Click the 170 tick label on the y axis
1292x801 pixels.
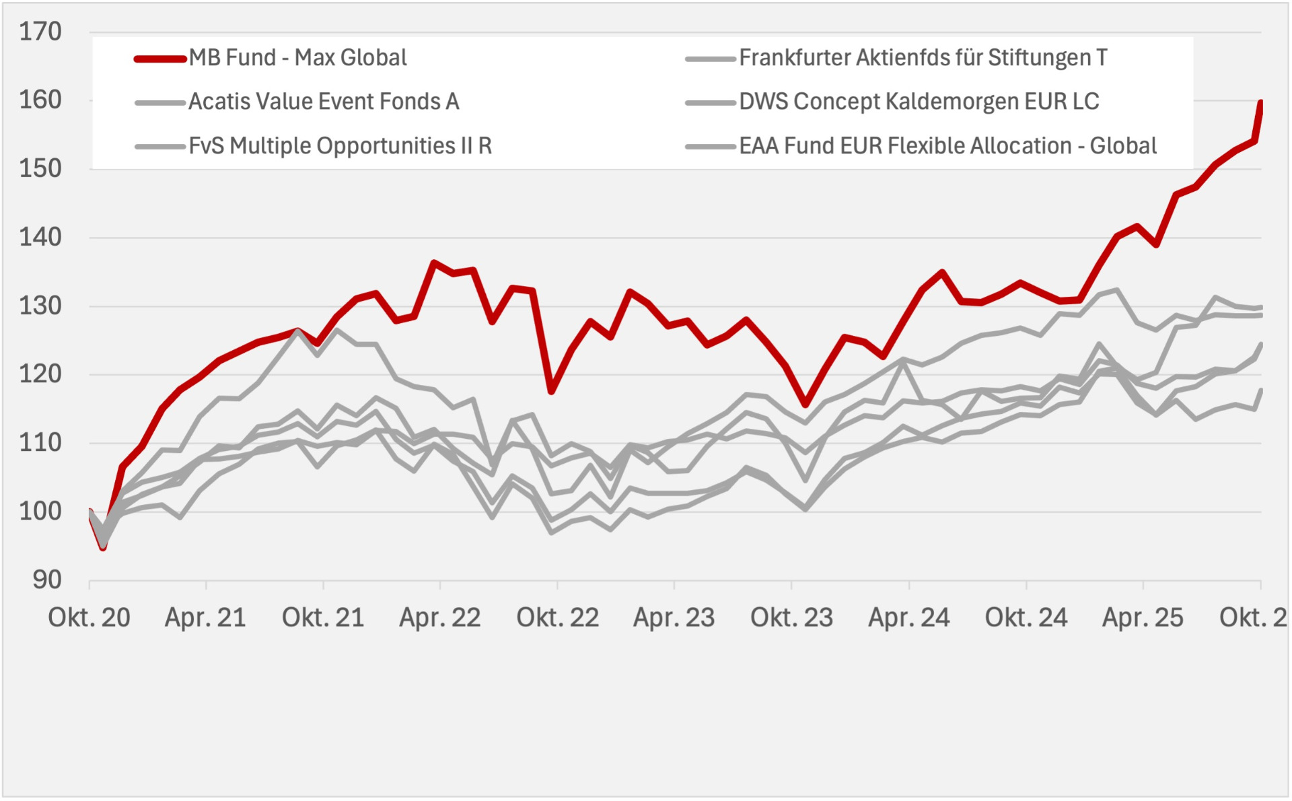tap(40, 32)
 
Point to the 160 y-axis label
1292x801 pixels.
tap(40, 100)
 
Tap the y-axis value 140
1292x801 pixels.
tap(40, 237)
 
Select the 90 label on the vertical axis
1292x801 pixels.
tap(46, 580)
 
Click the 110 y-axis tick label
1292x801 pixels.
tap(40, 443)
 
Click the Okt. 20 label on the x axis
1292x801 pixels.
tap(89, 617)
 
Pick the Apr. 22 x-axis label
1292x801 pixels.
tap(440, 617)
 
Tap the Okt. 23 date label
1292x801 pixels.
tap(791, 617)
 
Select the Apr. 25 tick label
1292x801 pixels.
tap(1143, 617)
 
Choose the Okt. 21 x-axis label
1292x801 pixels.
tap(323, 617)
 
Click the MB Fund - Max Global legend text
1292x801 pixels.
tap(297, 58)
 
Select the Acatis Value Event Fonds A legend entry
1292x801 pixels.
tap(324, 102)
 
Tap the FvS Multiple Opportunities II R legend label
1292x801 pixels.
tap(340, 146)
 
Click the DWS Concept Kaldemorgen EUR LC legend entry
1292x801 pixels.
tap(919, 102)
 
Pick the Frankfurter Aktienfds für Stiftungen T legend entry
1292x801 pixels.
tap(923, 58)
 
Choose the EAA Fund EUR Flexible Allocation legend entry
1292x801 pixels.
tap(947, 146)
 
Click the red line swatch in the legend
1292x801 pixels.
tap(160, 59)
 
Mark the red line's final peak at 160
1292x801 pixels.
tap(1260, 102)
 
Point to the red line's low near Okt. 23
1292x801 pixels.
tap(805, 404)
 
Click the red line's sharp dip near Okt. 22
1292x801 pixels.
tap(551, 391)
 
